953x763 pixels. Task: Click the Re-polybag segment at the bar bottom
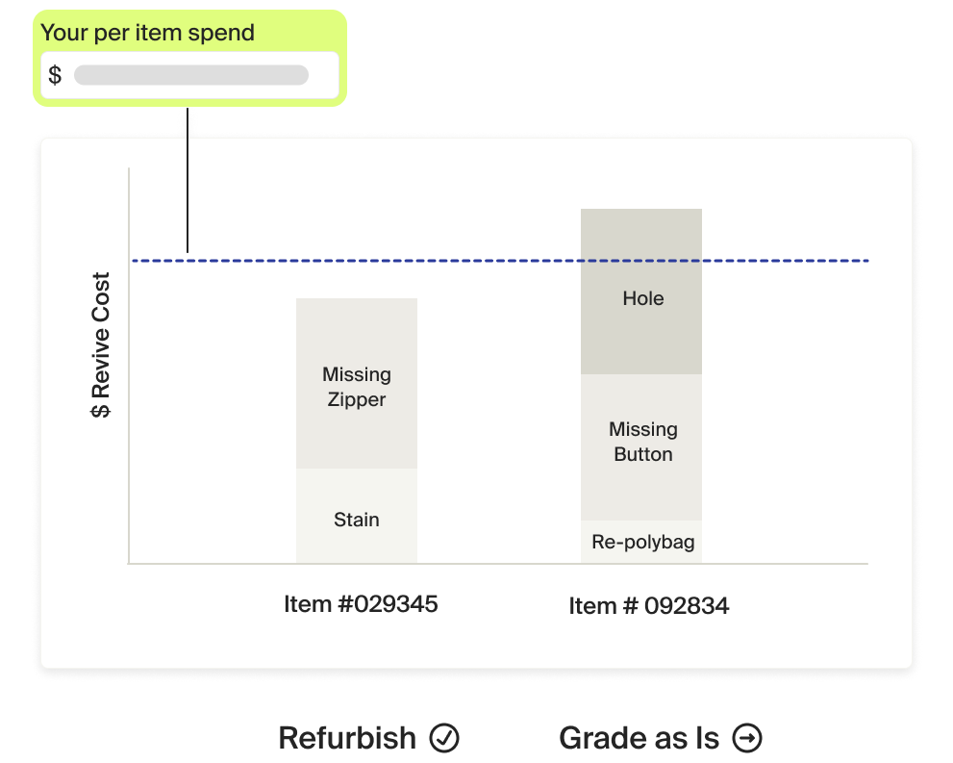tap(641, 543)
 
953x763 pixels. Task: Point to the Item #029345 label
tap(361, 604)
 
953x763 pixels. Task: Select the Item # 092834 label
tap(648, 606)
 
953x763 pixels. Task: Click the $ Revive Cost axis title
tap(101, 345)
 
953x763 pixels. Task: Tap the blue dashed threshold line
tap(500, 261)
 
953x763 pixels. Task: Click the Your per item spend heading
tap(147, 33)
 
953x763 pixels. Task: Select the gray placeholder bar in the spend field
tap(191, 76)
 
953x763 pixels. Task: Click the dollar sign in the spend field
tap(55, 76)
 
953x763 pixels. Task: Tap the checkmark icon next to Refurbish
tap(443, 738)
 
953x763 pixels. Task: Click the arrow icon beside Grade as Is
tap(747, 738)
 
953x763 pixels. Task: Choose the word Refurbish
tap(347, 738)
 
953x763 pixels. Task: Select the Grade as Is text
tap(639, 738)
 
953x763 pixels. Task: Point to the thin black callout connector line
tap(188, 192)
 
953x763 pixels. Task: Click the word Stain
tap(356, 520)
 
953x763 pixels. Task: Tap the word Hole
tap(642, 298)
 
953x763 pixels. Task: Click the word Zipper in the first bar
tap(356, 399)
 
